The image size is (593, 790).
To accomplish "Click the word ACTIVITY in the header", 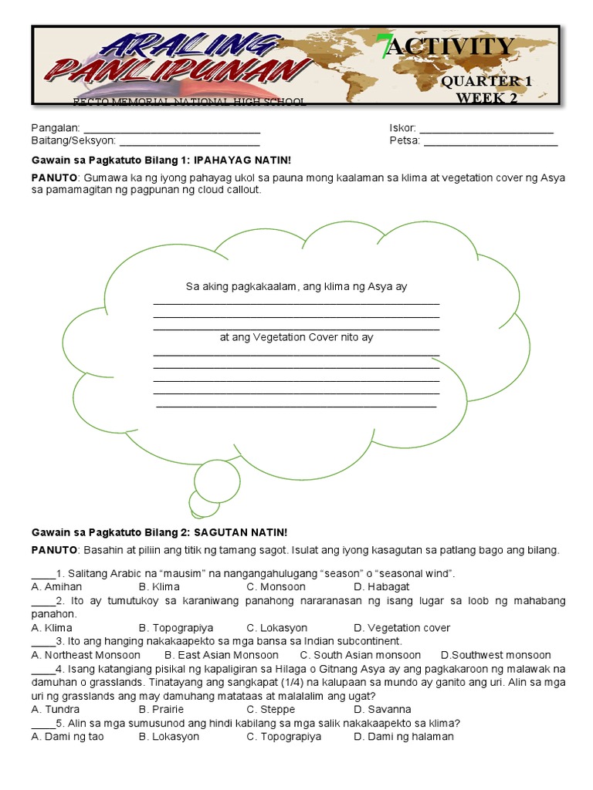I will (x=461, y=47).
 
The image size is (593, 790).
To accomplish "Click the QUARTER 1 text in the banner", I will (x=486, y=82).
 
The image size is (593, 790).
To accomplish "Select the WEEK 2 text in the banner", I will (x=486, y=97).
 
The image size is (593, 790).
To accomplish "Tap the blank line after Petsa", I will (x=490, y=142).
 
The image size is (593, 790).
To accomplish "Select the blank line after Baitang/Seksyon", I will (x=189, y=142).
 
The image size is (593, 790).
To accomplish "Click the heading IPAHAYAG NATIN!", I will (x=242, y=160).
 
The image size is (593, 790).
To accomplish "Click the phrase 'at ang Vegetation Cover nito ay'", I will (x=296, y=337).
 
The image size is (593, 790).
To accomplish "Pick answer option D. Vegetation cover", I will (x=402, y=628).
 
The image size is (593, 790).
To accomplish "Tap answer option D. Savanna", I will (x=381, y=709).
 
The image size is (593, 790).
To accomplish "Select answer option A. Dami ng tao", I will (x=67, y=737).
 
